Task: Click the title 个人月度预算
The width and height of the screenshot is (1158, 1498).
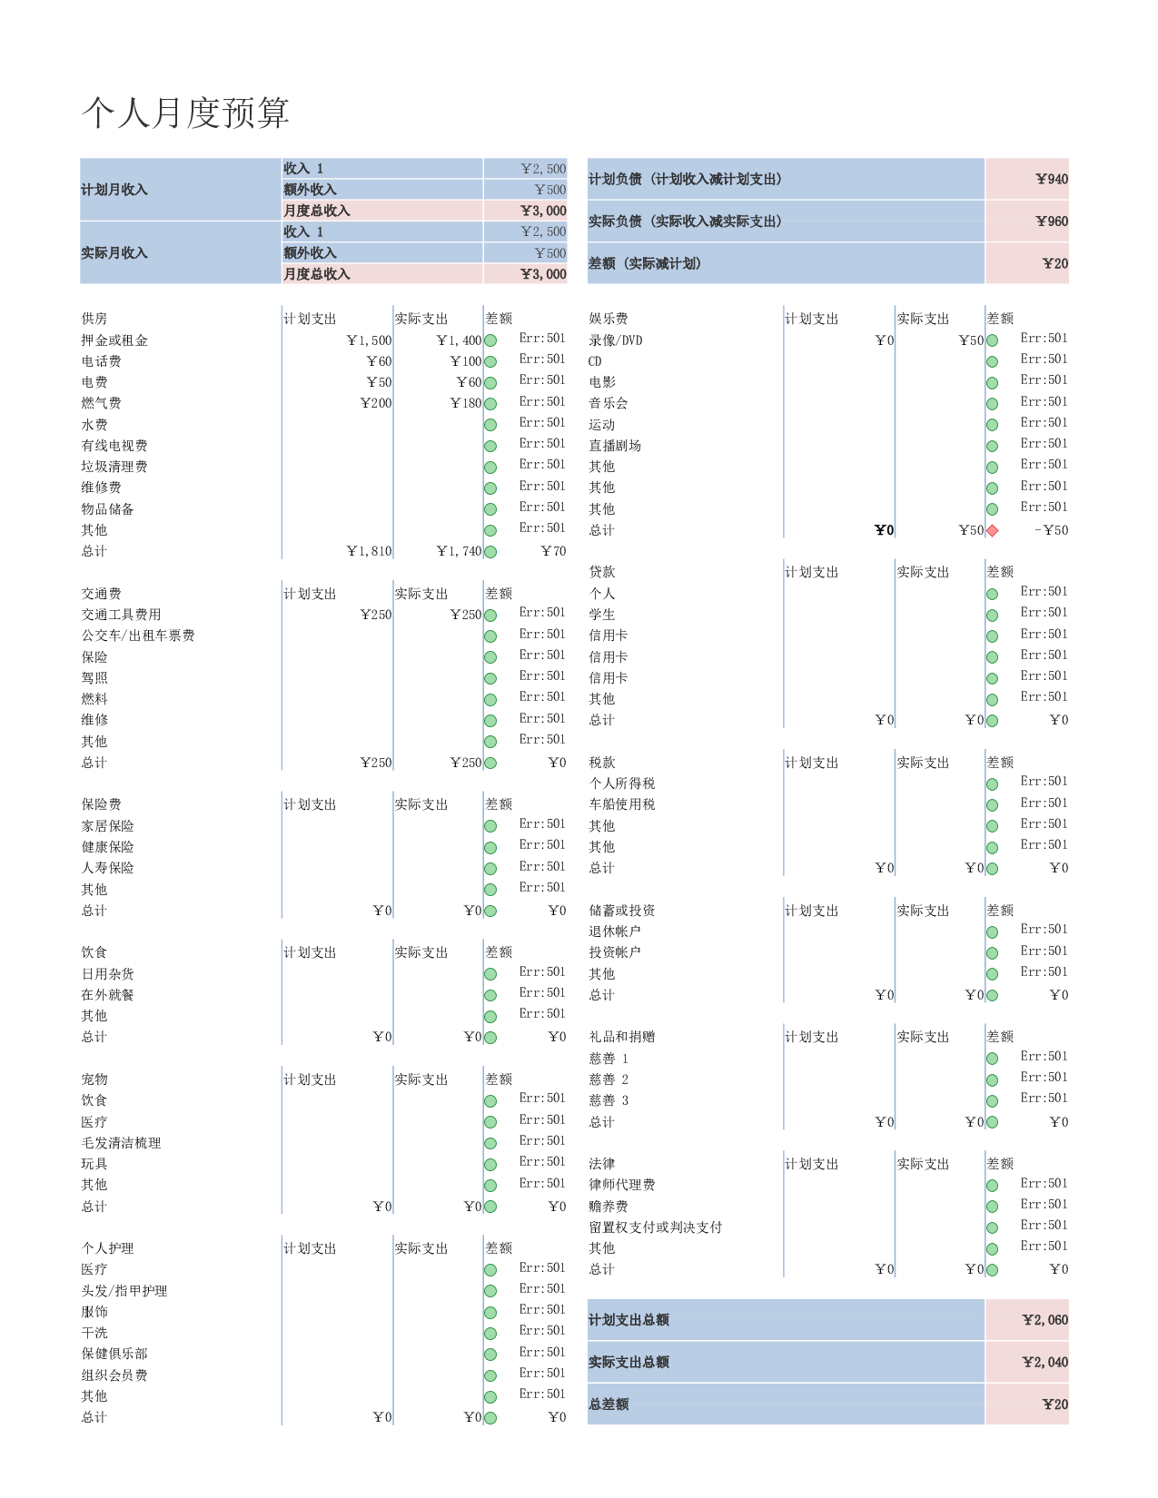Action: click(x=185, y=113)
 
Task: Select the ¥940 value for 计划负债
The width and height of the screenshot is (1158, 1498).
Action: click(x=1051, y=179)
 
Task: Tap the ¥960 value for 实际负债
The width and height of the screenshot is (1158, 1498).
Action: click(x=1051, y=222)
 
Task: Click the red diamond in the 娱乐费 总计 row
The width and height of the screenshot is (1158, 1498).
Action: click(x=993, y=530)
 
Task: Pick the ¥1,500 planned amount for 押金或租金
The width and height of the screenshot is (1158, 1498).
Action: click(x=369, y=340)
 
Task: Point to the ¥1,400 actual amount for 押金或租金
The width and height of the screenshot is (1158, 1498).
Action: click(x=459, y=340)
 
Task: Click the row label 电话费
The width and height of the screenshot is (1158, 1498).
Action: click(x=101, y=361)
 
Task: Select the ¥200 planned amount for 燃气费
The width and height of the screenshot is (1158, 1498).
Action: click(x=376, y=403)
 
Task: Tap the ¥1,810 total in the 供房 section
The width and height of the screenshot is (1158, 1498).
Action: click(x=369, y=551)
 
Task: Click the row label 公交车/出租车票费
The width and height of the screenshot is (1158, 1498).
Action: click(x=138, y=636)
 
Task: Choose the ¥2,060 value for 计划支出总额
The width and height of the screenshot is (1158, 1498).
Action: click(x=1044, y=1319)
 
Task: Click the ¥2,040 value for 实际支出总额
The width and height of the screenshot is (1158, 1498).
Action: click(x=1044, y=1362)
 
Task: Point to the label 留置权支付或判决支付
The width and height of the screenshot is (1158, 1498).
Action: click(x=655, y=1227)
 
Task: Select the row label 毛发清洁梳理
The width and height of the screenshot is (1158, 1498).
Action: click(x=121, y=1142)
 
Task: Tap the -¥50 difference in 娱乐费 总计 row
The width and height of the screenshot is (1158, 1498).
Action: click(x=1051, y=530)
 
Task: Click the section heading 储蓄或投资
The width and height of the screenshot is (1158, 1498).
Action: click(x=621, y=910)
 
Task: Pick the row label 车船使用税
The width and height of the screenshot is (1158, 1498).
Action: click(x=621, y=803)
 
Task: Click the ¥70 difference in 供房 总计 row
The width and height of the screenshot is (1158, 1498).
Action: click(x=553, y=551)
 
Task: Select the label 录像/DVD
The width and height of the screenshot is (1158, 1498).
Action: click(x=615, y=340)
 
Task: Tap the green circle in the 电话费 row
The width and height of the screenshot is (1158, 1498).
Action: click(x=490, y=362)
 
